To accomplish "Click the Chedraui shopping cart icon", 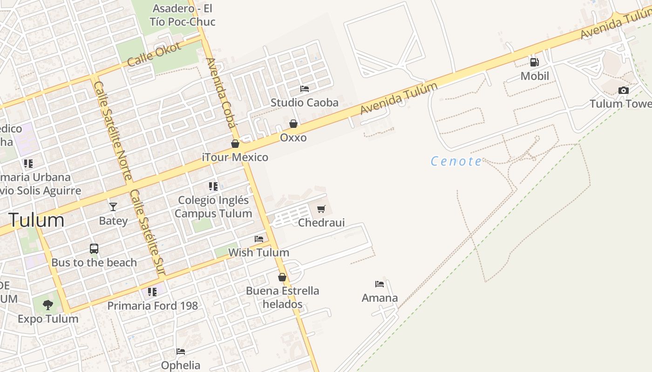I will pyautogui.click(x=321, y=209).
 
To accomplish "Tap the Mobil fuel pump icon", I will pyautogui.click(x=534, y=62).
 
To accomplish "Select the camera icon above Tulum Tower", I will pyautogui.click(x=623, y=90).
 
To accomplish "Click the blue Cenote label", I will pyautogui.click(x=456, y=161).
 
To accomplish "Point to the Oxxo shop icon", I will pyautogui.click(x=293, y=124).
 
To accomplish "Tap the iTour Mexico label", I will pyautogui.click(x=235, y=157).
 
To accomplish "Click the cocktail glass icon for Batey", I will pyautogui.click(x=113, y=206).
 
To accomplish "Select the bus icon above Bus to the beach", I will pyautogui.click(x=94, y=248).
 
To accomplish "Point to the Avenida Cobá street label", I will pyautogui.click(x=220, y=93).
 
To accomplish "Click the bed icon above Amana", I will pyautogui.click(x=380, y=284).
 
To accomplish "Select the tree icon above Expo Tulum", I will pyautogui.click(x=48, y=305).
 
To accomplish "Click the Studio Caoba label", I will pyautogui.click(x=305, y=102).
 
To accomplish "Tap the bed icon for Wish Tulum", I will pyautogui.click(x=259, y=239).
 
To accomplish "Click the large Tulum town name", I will pyautogui.click(x=36, y=220).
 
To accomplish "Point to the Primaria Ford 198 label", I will pyautogui.click(x=153, y=306).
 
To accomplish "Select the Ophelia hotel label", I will pyautogui.click(x=181, y=365).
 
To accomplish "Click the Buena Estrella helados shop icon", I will pyautogui.click(x=282, y=277).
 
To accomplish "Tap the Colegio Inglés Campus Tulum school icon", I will pyautogui.click(x=213, y=186).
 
